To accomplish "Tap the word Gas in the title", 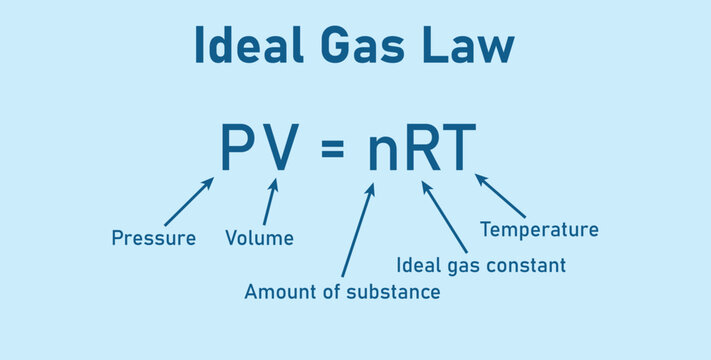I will [354, 46].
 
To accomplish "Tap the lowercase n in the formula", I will [385, 152].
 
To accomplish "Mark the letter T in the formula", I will [459, 147].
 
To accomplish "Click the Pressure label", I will [153, 238].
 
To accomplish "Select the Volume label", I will [259, 238].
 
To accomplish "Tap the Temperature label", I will [539, 230].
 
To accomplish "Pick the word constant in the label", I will [531, 265].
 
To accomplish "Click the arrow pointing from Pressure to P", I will [188, 202].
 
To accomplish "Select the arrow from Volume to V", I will [269, 202].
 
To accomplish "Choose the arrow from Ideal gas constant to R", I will [444, 216].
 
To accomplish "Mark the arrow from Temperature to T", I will [500, 196].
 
